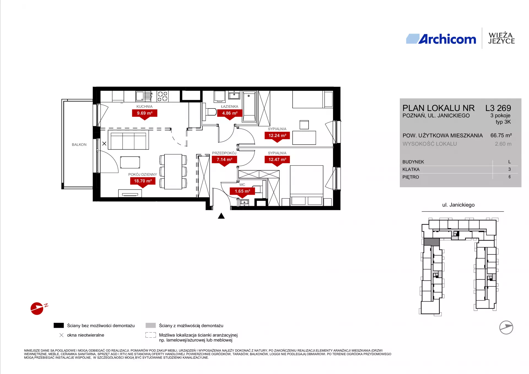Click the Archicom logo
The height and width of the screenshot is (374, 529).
[x=441, y=39]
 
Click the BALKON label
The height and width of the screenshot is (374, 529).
[x=79, y=145]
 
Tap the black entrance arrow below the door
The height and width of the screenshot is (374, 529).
[x=221, y=216]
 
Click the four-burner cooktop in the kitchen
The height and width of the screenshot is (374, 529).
[x=163, y=96]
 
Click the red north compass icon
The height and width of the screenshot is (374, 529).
[x=37, y=308]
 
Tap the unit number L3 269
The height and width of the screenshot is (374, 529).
[x=498, y=108]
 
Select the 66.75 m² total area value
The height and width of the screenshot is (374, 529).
[x=501, y=135]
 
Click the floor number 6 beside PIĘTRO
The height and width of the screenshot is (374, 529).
[x=509, y=177]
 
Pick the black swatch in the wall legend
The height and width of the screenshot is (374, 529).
[x=59, y=326]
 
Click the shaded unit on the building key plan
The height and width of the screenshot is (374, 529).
[x=431, y=242]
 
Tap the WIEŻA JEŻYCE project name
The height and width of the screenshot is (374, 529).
[x=501, y=38]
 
